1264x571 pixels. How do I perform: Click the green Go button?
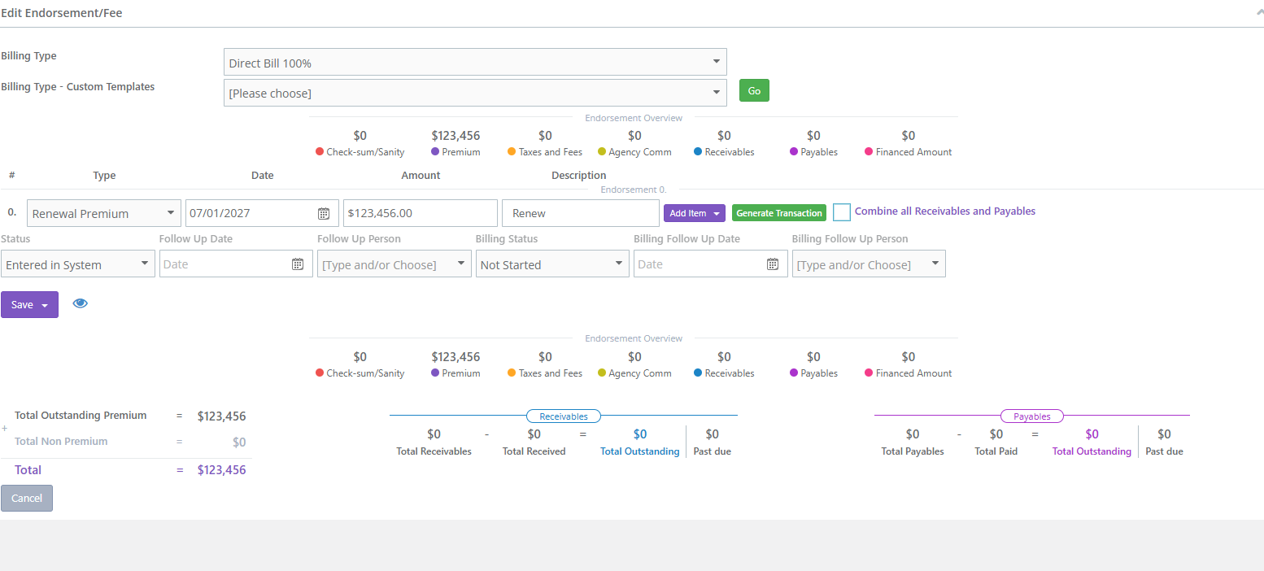tap(754, 90)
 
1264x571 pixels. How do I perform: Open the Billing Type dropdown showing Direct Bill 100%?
tap(474, 62)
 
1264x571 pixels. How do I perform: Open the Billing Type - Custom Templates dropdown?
tap(474, 93)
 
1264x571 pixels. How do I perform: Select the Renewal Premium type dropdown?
tap(104, 213)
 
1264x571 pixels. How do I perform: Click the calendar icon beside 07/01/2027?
tap(324, 213)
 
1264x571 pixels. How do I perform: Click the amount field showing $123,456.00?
tap(420, 213)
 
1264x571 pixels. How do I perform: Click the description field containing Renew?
tap(580, 213)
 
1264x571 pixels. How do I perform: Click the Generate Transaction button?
tap(778, 213)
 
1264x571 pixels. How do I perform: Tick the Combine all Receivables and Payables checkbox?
tap(841, 212)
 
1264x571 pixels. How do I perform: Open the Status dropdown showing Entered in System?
tap(78, 264)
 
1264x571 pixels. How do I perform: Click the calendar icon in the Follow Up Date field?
tap(298, 264)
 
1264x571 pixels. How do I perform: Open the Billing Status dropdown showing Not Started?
tap(551, 264)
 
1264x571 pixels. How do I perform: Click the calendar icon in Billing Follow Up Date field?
tap(773, 264)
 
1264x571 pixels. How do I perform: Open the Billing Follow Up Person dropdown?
tap(869, 264)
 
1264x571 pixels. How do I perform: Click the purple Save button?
tap(29, 305)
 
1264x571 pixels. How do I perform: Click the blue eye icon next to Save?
tap(81, 303)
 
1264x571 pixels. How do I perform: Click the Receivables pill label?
tap(563, 416)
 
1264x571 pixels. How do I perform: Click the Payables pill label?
tap(1031, 416)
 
